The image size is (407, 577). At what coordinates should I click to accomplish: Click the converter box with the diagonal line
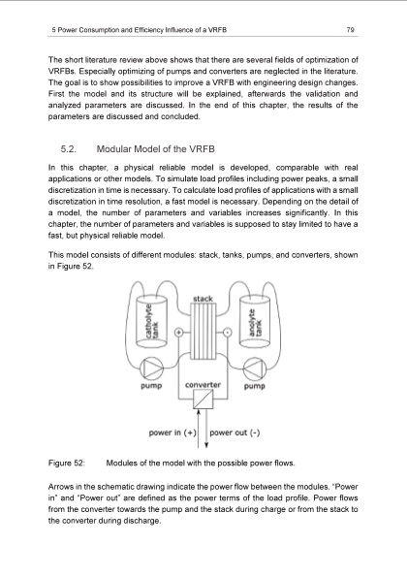pos(203,402)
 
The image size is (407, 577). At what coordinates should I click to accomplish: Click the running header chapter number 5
pos(50,30)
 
